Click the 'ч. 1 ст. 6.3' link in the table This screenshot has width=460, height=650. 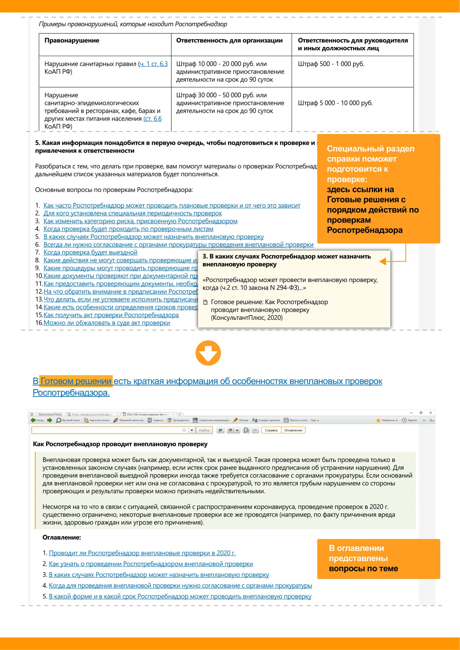pos(154,64)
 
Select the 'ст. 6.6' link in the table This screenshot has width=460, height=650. pos(153,119)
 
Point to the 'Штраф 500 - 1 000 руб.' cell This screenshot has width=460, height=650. pos(331,64)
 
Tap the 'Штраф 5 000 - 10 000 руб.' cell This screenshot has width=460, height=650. pos(335,103)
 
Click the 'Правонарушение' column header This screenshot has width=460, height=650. pos(72,41)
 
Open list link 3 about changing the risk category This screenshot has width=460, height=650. pos(140,221)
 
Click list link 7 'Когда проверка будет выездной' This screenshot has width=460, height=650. pos(90,252)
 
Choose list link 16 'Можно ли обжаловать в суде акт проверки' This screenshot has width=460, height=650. pos(107,323)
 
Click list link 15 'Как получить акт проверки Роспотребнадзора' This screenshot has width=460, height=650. pos(111,315)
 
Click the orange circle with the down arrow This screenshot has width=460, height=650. pos(208,353)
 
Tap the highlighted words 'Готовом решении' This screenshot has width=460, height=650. pos(76,381)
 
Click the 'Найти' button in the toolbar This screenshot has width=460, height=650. pos(204,430)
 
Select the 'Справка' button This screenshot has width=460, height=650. pos(271,430)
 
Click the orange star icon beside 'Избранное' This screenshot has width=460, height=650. pos(378,420)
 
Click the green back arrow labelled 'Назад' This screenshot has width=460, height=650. pos(33,420)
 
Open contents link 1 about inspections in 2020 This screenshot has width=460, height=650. pos(142,553)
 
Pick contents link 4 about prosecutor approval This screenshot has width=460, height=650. pos(180,586)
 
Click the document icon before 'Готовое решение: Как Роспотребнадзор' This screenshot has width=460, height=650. pos(206,302)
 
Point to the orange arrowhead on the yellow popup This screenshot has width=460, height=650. pos(383,261)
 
